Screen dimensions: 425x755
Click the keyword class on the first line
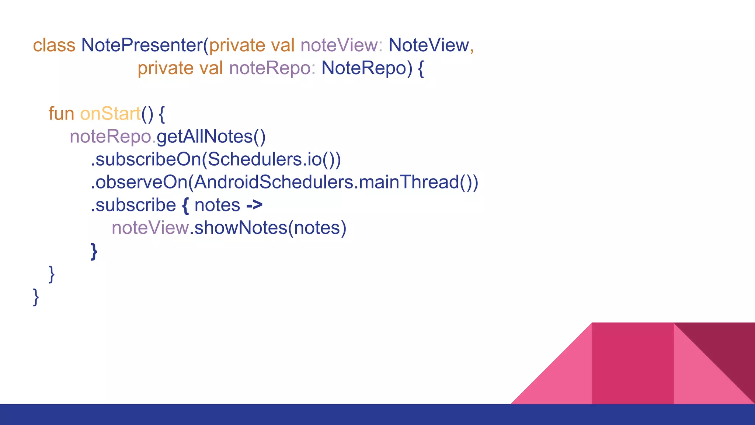(x=54, y=45)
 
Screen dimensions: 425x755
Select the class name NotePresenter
(x=142, y=45)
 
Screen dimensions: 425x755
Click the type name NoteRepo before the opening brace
(x=363, y=68)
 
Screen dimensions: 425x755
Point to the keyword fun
(x=61, y=114)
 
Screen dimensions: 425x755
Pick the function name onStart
(x=110, y=114)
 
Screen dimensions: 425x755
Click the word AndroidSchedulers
(x=273, y=182)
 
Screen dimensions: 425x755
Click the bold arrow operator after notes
(x=254, y=205)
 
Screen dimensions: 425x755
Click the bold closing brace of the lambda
(x=94, y=252)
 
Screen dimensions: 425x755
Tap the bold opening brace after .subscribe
(x=185, y=205)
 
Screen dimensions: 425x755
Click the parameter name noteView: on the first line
(x=341, y=45)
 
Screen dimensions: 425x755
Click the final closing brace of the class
(x=36, y=297)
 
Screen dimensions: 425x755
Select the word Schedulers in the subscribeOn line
(x=255, y=159)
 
